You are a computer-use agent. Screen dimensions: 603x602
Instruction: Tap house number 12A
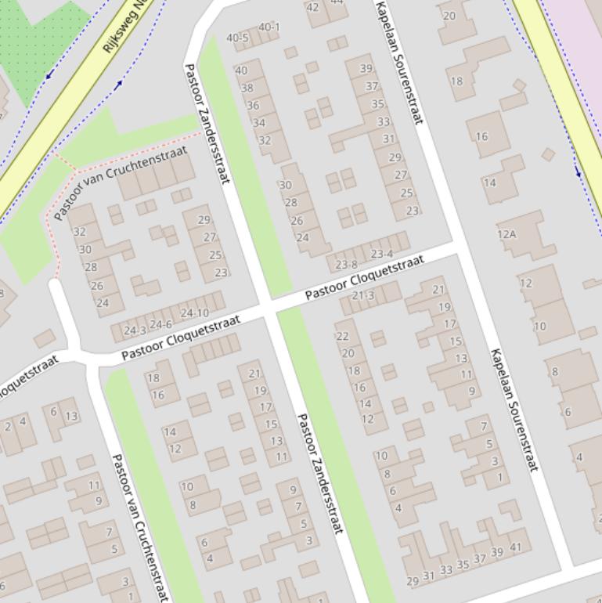click(506, 234)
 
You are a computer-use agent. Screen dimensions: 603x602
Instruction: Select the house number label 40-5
click(237, 38)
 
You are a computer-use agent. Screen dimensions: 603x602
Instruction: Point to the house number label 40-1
click(269, 27)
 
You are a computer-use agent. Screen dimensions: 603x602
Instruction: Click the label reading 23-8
click(345, 265)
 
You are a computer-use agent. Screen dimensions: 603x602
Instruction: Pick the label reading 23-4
click(382, 254)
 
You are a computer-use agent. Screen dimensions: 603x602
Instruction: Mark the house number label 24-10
click(194, 313)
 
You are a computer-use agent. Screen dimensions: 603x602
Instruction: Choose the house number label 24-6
click(160, 324)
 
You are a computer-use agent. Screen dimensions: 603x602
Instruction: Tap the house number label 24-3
click(135, 331)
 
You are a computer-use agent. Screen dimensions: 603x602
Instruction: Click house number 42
click(312, 7)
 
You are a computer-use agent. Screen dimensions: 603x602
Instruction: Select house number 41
click(515, 547)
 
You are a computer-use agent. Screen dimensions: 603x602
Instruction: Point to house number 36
click(253, 105)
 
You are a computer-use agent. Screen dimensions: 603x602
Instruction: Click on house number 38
click(247, 88)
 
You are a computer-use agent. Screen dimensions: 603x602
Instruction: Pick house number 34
click(258, 122)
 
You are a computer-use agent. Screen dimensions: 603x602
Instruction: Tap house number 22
click(342, 336)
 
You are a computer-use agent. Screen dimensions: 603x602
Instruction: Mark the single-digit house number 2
click(8, 427)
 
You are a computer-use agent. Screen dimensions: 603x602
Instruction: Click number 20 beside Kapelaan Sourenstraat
click(449, 16)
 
